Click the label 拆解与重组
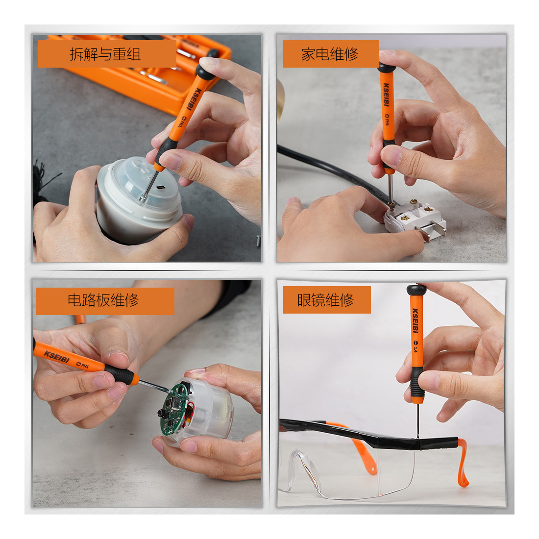105,54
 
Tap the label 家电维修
330,54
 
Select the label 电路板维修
103,300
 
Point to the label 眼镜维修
325,300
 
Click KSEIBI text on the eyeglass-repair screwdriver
415,320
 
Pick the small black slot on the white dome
161,187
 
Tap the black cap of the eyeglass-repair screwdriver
416,290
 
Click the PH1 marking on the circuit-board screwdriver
82,365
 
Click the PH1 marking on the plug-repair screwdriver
387,120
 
